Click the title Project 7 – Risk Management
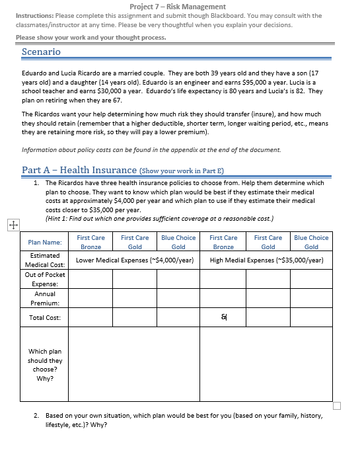pos(178,6)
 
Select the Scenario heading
pos(41,52)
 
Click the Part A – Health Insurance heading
pos(79,170)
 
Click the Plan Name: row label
pos(45,243)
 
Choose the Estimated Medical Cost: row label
pos(45,260)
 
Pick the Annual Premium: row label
pos(45,298)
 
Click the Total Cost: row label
pos(45,318)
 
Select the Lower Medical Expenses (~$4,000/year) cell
pos(134,260)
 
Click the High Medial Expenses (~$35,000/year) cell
pos(266,260)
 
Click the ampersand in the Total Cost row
pos(223,318)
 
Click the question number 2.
pos(36,416)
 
